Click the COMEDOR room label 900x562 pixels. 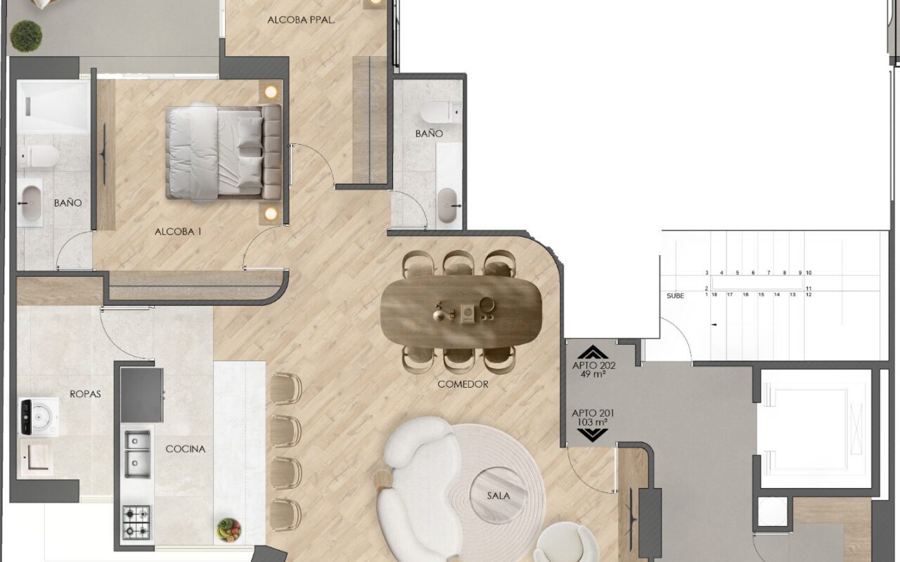(x=463, y=384)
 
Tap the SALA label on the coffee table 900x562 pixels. (x=499, y=496)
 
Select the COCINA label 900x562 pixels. (x=185, y=449)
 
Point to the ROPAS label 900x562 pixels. (x=85, y=394)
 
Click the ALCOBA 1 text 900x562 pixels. (x=178, y=232)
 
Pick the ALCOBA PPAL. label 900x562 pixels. (x=301, y=20)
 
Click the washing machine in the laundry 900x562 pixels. (x=39, y=417)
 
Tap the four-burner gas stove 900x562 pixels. (x=136, y=522)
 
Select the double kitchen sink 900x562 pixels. (x=137, y=454)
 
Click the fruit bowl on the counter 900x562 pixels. (x=229, y=530)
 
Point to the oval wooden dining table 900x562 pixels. (x=461, y=311)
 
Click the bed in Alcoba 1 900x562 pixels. (x=224, y=152)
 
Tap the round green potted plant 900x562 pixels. (x=26, y=36)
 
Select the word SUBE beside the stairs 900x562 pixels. (x=675, y=296)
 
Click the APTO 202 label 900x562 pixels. (x=594, y=365)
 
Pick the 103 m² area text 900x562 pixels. (x=592, y=422)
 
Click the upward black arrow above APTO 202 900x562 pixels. (x=593, y=352)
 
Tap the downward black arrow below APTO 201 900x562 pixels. (x=592, y=435)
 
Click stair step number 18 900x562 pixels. (x=714, y=294)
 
